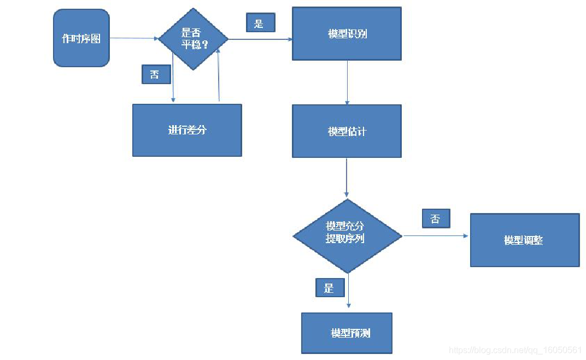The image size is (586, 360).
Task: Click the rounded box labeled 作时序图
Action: (81, 38)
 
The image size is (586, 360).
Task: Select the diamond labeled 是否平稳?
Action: (193, 39)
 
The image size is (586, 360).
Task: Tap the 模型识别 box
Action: (347, 34)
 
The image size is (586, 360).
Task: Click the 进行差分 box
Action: (187, 130)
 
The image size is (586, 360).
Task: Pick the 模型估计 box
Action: (347, 131)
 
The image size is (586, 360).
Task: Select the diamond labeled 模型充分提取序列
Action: (347, 235)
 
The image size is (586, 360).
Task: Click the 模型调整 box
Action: (525, 240)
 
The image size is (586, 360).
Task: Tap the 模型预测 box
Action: (347, 333)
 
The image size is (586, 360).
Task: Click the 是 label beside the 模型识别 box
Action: (261, 22)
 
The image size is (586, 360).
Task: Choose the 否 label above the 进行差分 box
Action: (156, 74)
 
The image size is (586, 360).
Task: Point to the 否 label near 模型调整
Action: (436, 219)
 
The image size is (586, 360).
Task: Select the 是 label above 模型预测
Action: (330, 287)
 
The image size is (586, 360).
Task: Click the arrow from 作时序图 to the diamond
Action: (134, 38)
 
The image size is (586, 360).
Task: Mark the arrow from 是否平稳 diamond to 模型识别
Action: (261, 39)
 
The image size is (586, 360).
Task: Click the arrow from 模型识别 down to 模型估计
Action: (347, 82)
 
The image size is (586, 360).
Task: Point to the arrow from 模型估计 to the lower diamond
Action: (347, 178)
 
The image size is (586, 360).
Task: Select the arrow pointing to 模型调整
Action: (436, 235)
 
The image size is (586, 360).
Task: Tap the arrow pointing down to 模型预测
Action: (349, 291)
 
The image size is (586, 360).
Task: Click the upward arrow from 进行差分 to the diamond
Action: (218, 75)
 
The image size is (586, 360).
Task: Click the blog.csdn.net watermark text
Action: (515, 350)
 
